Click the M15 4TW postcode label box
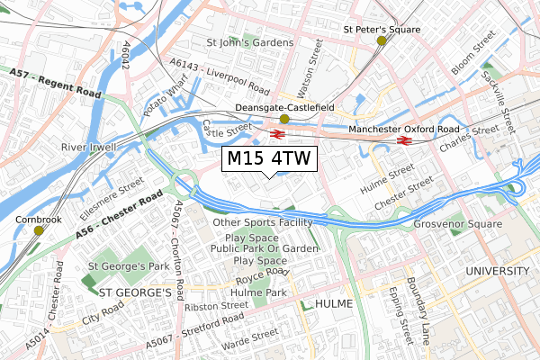pyautogui.click(x=268, y=159)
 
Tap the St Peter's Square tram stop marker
pyautogui.click(x=382, y=40)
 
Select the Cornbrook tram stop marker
pyautogui.click(x=38, y=230)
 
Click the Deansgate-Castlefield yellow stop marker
pyautogui.click(x=284, y=119)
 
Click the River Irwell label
pyautogui.click(x=86, y=146)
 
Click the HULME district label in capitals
pyautogui.click(x=332, y=304)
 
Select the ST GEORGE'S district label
pyautogui.click(x=135, y=292)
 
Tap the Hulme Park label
pyautogui.click(x=257, y=292)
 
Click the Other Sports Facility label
pyautogui.click(x=263, y=222)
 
